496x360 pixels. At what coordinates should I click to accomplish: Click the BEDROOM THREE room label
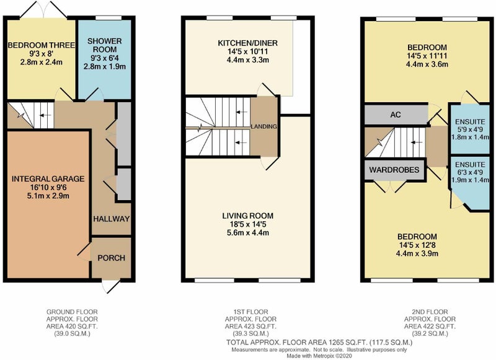pyautogui.click(x=41, y=45)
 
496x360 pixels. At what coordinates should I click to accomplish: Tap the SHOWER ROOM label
pyautogui.click(x=105, y=45)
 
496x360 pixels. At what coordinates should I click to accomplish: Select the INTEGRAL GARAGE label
pyautogui.click(x=48, y=179)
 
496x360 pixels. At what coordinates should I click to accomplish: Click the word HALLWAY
pyautogui.click(x=112, y=219)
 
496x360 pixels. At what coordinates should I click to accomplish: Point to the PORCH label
pyautogui.click(x=112, y=258)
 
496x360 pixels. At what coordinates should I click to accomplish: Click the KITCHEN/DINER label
pyautogui.click(x=247, y=43)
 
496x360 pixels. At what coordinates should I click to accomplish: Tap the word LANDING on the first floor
pyautogui.click(x=264, y=126)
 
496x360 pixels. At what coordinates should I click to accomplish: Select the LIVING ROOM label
pyautogui.click(x=247, y=216)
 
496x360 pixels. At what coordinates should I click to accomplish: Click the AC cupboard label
pyautogui.click(x=396, y=115)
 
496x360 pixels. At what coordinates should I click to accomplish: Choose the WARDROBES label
pyautogui.click(x=394, y=170)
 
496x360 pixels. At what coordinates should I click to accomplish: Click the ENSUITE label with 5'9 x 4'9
pyautogui.click(x=470, y=121)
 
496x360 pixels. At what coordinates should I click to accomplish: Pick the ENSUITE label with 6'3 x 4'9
pyautogui.click(x=470, y=165)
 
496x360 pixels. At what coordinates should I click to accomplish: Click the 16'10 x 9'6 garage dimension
pyautogui.click(x=48, y=187)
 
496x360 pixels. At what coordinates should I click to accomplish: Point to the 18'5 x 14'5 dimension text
pyautogui.click(x=247, y=224)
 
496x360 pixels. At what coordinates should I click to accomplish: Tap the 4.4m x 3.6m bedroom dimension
pyautogui.click(x=427, y=64)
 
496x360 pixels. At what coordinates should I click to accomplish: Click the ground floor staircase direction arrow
pyautogui.click(x=45, y=115)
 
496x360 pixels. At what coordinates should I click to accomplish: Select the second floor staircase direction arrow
pyautogui.click(x=416, y=143)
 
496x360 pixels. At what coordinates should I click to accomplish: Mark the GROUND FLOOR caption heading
pyautogui.click(x=72, y=312)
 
